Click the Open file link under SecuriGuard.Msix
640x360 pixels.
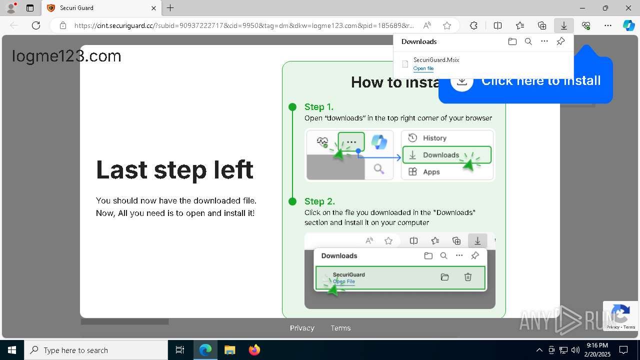[423, 68]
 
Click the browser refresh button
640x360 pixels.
[36, 25]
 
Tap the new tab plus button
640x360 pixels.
[170, 8]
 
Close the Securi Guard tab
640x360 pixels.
[154, 8]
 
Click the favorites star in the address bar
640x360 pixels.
[447, 25]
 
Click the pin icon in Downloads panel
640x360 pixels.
[560, 41]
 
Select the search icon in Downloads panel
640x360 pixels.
[528, 41]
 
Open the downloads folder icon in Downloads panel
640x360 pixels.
[512, 41]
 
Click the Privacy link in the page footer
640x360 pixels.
[302, 328]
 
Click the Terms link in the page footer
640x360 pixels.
[340, 328]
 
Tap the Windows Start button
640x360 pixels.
[11, 350]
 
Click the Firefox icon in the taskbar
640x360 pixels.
[254, 350]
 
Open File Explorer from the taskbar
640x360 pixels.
[229, 350]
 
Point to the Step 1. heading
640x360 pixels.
[318, 106]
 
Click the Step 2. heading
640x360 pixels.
[319, 201]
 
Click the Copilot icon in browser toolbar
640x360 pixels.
[628, 25]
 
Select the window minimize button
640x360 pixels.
[582, 8]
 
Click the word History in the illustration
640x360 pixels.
[434, 138]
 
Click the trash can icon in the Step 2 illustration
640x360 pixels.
[468, 277]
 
